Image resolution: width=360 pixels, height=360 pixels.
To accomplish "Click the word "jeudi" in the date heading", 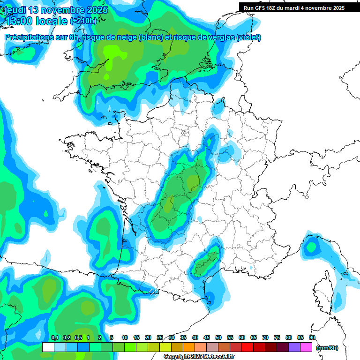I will [x=15, y=10].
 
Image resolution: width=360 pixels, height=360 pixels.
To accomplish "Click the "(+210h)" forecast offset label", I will [x=84, y=21].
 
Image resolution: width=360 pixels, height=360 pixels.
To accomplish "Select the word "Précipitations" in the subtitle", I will [x=28, y=37].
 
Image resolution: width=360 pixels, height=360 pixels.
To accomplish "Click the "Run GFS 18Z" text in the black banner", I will [x=261, y=8].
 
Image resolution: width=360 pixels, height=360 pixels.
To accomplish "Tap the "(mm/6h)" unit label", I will [x=327, y=348].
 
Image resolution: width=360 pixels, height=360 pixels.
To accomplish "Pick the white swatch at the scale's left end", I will [x=48, y=347].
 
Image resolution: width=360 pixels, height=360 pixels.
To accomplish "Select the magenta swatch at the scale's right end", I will [x=307, y=347].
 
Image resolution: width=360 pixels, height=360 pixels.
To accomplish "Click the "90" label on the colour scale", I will [x=312, y=338].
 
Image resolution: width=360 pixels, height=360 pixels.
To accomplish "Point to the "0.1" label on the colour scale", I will [x=54, y=338].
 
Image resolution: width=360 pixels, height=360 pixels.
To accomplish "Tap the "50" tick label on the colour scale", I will [x=218, y=338].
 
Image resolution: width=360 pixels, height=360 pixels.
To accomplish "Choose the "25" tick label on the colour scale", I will [x=160, y=338].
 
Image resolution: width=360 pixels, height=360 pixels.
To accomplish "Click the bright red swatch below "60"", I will [x=248, y=347].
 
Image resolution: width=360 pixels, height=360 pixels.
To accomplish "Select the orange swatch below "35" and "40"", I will [x=189, y=347].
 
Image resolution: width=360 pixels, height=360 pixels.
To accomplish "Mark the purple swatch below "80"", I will [x=295, y=347].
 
